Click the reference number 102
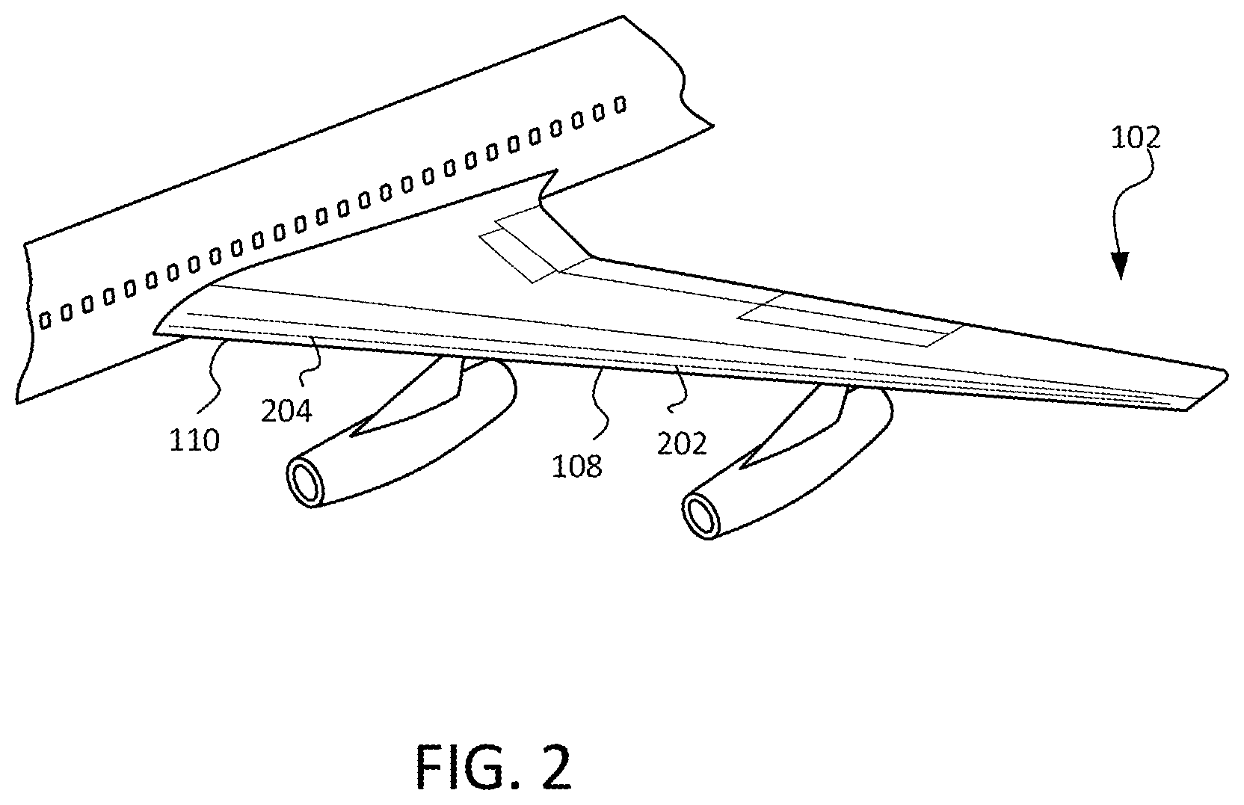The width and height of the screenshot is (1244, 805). tap(1135, 137)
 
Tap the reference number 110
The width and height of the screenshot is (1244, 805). tap(194, 441)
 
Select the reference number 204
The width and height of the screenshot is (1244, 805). tap(286, 411)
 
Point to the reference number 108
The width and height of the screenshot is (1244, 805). tap(576, 466)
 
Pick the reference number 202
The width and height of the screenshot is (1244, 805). tap(682, 443)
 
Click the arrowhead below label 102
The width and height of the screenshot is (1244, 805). tap(1120, 265)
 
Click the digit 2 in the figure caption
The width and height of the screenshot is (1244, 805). tap(556, 767)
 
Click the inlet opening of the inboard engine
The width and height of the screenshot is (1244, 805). tap(306, 482)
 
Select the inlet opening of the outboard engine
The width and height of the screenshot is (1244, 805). tap(701, 516)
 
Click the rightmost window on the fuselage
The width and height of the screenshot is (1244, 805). tap(621, 105)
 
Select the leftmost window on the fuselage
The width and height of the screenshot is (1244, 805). tap(45, 320)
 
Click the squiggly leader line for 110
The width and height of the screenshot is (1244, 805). tap(213, 377)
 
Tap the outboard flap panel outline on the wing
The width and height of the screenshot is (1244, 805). tap(850, 321)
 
